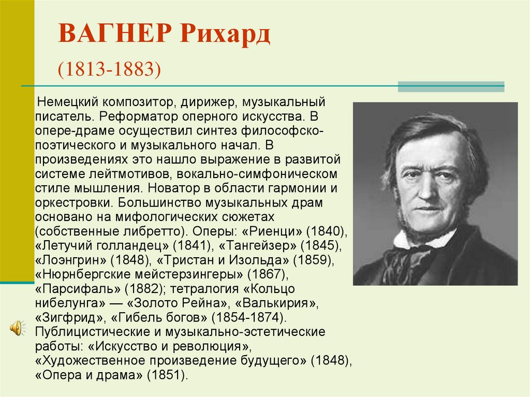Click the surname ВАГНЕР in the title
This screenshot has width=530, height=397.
(115, 34)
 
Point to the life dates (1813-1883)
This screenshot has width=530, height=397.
(109, 69)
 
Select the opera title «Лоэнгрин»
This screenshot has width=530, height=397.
(71, 260)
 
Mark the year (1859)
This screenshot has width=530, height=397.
(314, 260)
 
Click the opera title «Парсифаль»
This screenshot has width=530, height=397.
(78, 289)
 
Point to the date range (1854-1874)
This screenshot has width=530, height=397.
(249, 317)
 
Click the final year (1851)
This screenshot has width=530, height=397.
(167, 375)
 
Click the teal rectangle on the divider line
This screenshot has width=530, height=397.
(451, 86)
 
